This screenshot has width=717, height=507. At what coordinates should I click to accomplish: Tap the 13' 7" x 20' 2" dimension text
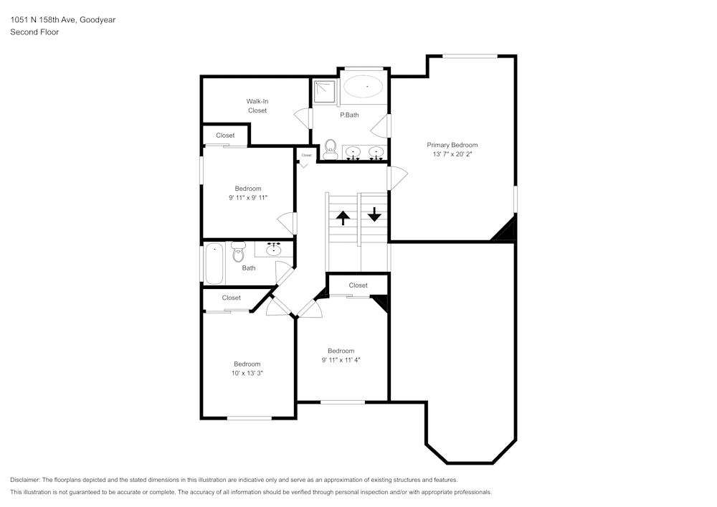coord(452,154)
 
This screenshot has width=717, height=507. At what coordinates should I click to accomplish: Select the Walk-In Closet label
coord(257,105)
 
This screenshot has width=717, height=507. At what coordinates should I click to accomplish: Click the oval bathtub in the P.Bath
coord(364,87)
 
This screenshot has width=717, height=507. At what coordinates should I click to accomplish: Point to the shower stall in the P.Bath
coord(324,90)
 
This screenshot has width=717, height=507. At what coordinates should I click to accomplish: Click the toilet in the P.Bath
coord(331,149)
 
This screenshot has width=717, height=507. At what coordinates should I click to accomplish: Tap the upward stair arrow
coord(343,217)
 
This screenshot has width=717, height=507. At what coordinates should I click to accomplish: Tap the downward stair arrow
coord(374,214)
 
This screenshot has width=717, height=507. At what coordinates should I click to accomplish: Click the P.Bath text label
coord(349,115)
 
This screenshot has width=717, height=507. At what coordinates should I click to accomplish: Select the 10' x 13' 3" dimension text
coord(247,373)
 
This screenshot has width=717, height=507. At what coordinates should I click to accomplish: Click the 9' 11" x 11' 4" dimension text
coord(341,360)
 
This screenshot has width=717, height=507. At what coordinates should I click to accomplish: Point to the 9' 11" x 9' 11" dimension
coord(247,197)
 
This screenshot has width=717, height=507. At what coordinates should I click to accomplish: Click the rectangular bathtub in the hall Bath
coord(214,265)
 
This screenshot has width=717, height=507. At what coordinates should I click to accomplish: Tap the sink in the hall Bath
coord(273,250)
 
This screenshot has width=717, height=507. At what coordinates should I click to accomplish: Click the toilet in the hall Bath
coord(238,252)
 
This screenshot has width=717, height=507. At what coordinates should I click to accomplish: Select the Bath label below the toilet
coord(248,268)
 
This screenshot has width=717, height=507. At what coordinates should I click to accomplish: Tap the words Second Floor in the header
coord(34,32)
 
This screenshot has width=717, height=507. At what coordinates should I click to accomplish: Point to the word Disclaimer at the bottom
coord(25,480)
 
